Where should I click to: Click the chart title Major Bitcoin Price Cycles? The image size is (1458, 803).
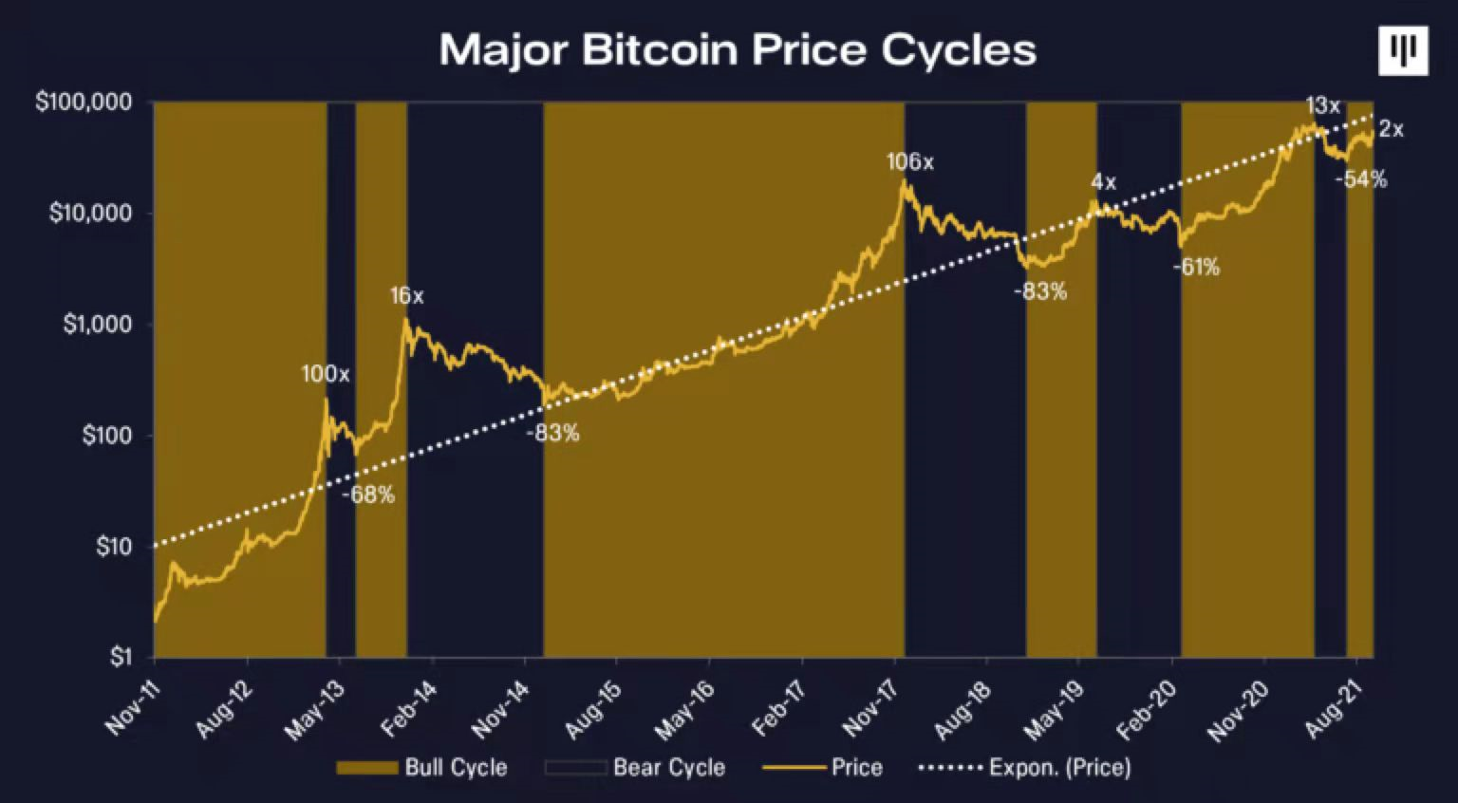[x=738, y=49]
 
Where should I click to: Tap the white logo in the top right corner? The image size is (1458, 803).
[x=1403, y=50]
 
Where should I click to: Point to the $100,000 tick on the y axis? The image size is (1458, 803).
[x=84, y=102]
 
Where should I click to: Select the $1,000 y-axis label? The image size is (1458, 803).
[x=97, y=325]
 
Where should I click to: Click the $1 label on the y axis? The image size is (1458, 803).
[x=120, y=656]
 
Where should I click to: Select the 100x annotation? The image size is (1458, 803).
[x=326, y=374]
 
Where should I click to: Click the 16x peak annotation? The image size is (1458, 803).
[x=406, y=296]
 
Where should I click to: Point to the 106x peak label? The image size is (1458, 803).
[x=910, y=162]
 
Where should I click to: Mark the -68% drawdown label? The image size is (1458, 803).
[x=367, y=495]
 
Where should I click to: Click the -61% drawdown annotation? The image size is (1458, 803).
[x=1196, y=268]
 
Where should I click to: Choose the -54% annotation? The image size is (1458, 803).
[x=1360, y=179]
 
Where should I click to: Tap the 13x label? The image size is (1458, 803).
[x=1322, y=106]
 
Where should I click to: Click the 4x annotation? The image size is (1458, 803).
[x=1103, y=182]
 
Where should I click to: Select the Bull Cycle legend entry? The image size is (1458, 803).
[x=422, y=767]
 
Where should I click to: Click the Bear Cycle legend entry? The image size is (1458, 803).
[x=636, y=767]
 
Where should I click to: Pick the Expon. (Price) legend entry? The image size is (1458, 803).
[x=1025, y=767]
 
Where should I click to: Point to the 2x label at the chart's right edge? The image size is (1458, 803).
[x=1392, y=129]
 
